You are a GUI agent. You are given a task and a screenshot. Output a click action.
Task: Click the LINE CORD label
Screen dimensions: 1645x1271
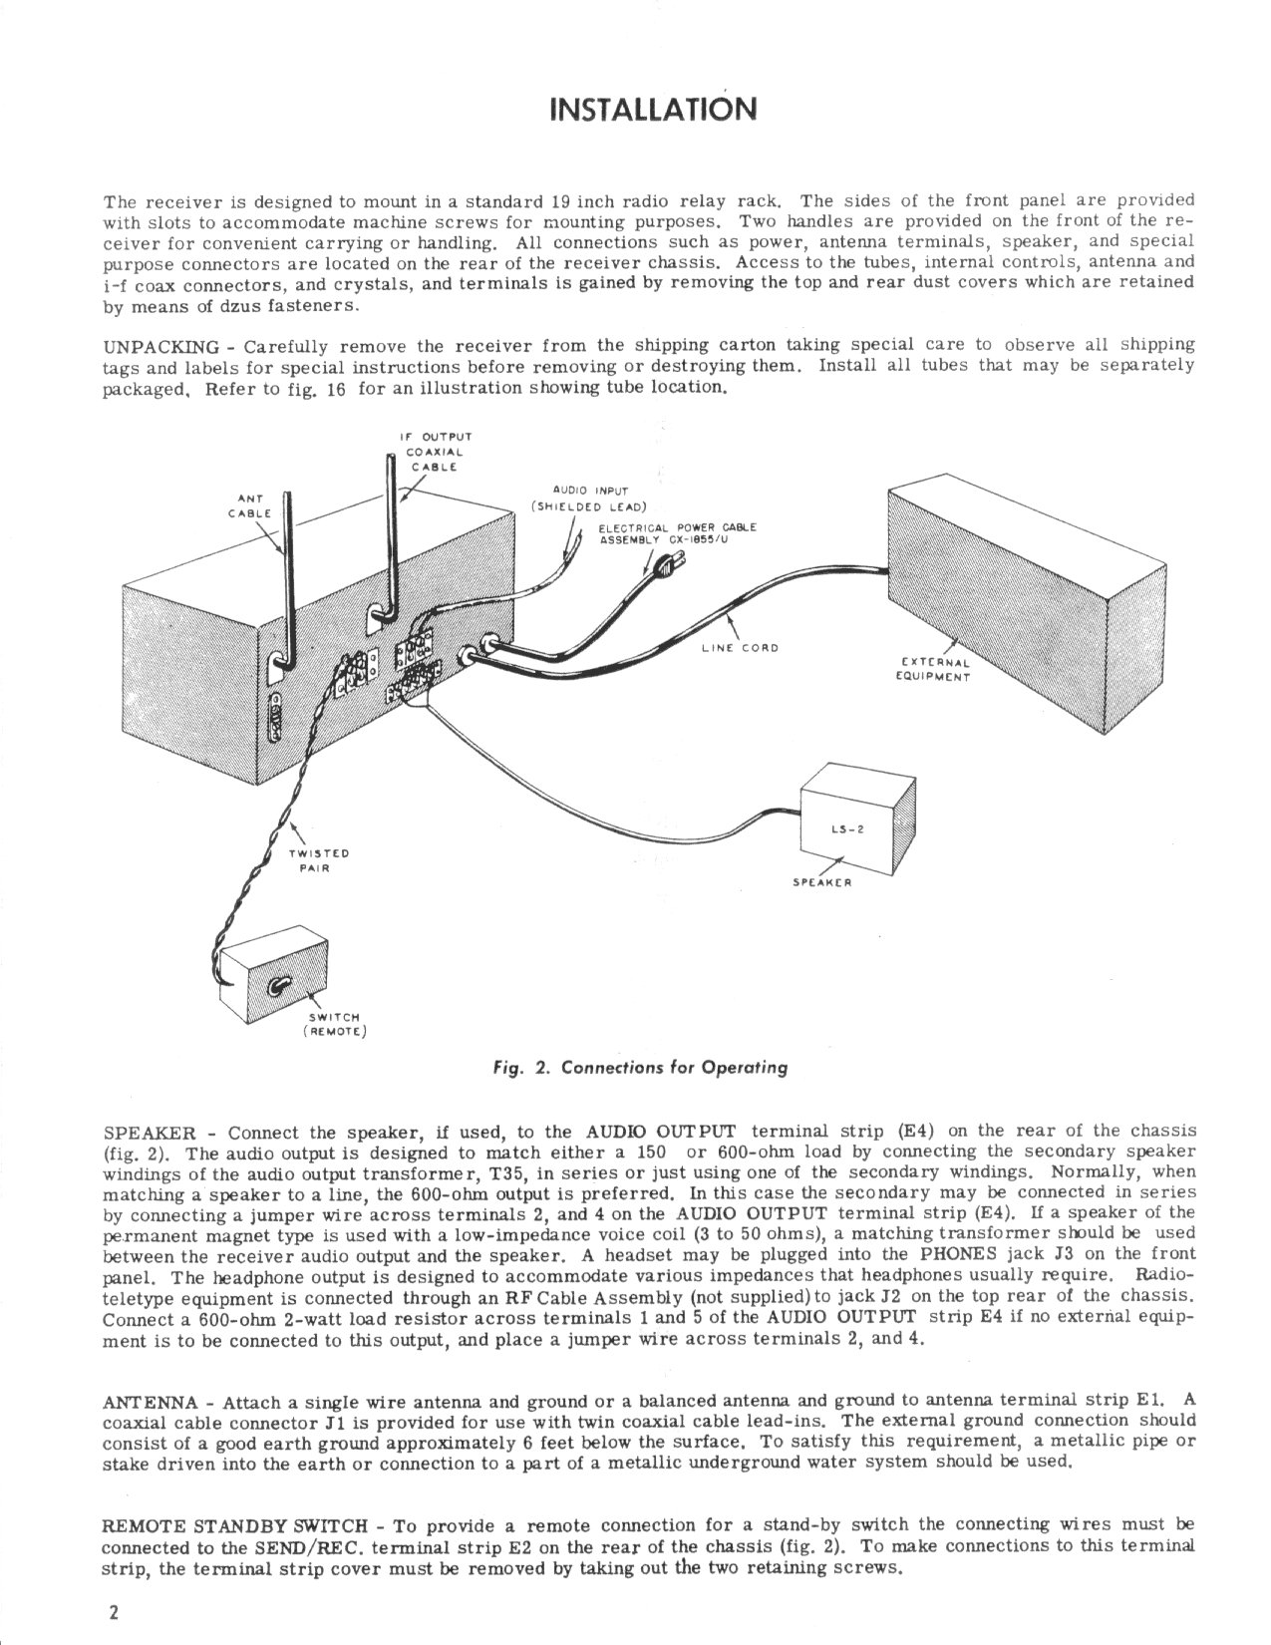739,647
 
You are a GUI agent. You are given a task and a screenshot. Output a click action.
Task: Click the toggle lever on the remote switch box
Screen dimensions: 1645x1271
280,985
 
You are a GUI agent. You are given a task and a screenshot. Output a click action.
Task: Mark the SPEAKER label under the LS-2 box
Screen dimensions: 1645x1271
820,880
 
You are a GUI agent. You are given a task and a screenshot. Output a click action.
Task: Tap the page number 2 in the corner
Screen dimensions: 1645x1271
115,1614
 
